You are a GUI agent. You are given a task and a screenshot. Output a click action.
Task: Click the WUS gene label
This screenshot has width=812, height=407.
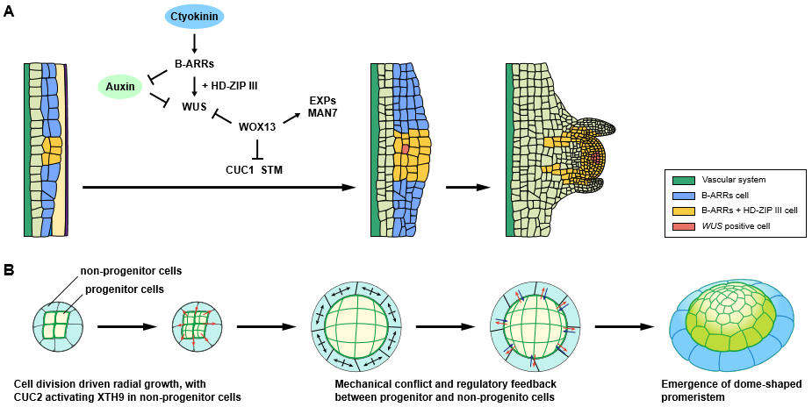195,106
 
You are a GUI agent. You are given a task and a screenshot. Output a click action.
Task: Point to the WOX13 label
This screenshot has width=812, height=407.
257,127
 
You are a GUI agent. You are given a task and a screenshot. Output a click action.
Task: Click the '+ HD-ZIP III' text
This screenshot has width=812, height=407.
230,85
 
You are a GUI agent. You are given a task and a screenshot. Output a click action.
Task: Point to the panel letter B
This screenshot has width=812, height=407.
9,271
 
